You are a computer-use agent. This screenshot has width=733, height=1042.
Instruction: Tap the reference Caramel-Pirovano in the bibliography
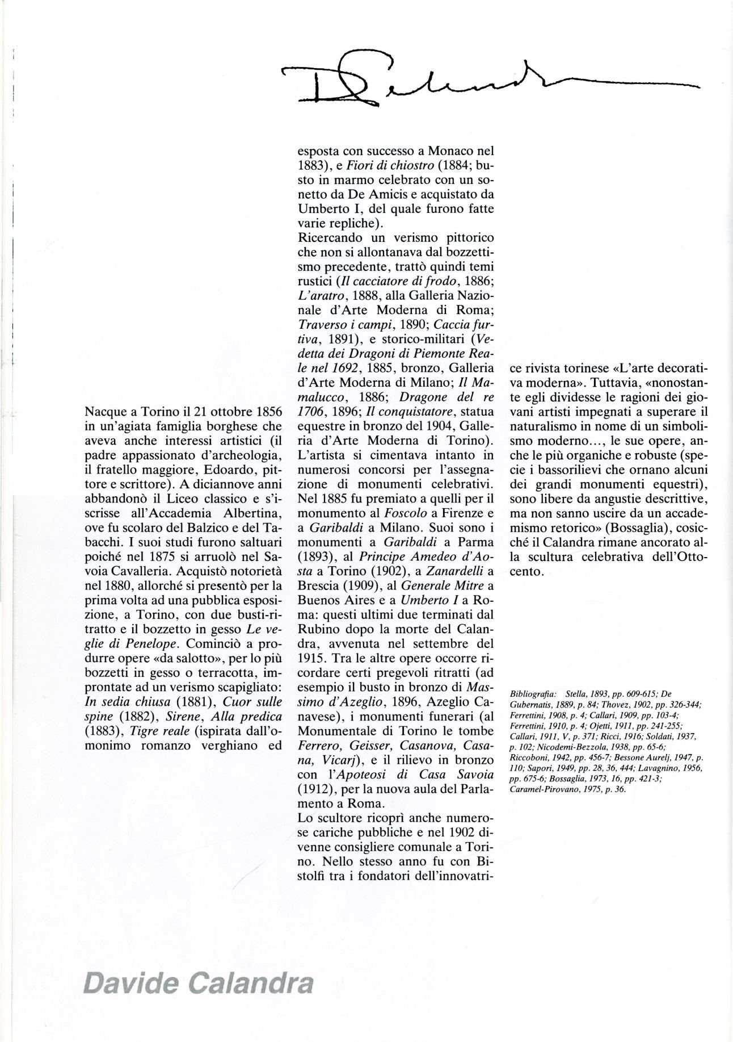pos(544,789)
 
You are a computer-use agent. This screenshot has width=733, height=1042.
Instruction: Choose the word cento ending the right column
pos(525,572)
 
